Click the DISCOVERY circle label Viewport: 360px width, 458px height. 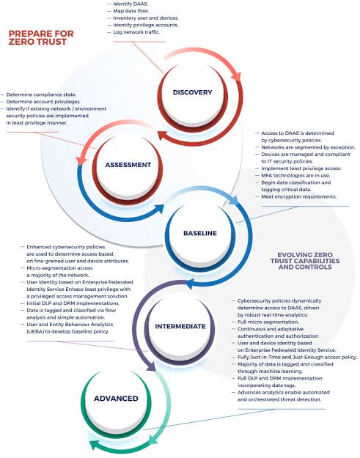tap(192, 92)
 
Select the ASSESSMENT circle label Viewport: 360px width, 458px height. tap(128, 165)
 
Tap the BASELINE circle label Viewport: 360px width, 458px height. tap(200, 233)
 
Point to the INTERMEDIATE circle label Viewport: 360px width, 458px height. tap(180, 326)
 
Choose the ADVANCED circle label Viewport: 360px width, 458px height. tap(116, 399)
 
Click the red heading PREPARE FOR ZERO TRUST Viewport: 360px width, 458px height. tap(41, 37)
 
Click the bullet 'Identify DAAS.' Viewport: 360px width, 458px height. tap(131, 4)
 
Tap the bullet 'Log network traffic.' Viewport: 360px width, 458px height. tap(136, 32)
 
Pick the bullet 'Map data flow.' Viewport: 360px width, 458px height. tap(131, 11)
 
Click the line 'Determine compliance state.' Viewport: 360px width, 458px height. tap(41, 95)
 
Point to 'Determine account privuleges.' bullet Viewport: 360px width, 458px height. tap(43, 102)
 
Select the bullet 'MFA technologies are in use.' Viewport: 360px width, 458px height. tap(295, 176)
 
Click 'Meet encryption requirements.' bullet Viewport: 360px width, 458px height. tap(298, 196)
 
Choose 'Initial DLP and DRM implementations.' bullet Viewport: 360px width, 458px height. tap(73, 303)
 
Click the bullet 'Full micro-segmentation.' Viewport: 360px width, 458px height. tap(268, 322)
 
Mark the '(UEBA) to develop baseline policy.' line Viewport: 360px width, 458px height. tap(67, 331)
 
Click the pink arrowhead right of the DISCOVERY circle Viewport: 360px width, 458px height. tap(236, 76)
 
